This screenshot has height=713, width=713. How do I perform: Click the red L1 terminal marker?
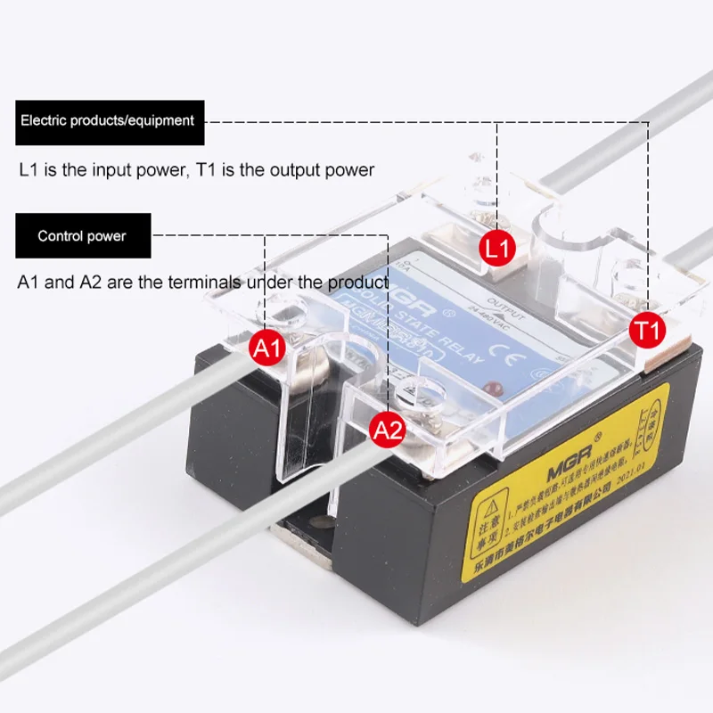coord(498,248)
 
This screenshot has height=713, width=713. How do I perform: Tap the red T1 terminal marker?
coord(647,330)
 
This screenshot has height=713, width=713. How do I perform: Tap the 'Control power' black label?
coord(82,236)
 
